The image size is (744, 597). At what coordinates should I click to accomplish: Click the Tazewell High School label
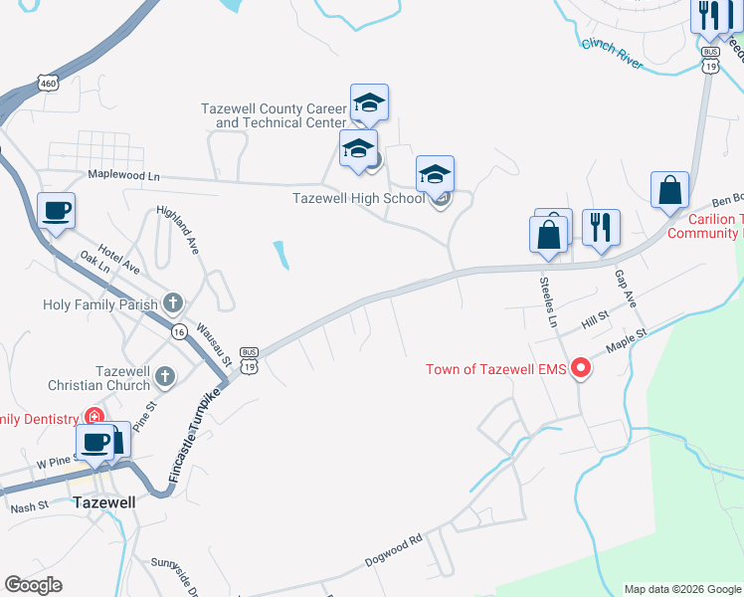pos(358,198)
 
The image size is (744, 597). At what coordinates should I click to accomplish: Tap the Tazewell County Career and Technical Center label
pos(274,115)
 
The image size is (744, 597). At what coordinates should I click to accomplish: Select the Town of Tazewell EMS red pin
pos(579,370)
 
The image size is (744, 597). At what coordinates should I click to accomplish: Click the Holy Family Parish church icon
pos(173,301)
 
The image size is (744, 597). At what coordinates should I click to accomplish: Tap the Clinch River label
pos(613,51)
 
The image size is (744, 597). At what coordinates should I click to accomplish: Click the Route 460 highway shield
pos(48,83)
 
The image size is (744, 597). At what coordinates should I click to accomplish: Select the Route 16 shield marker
pos(178,330)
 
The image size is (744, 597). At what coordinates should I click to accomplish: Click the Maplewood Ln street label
pos(123,174)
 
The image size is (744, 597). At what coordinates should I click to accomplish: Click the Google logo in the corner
pos(33,586)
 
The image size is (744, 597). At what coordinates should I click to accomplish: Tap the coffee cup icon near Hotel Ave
pos(56,212)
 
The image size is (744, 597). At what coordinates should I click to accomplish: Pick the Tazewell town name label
pos(103,502)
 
